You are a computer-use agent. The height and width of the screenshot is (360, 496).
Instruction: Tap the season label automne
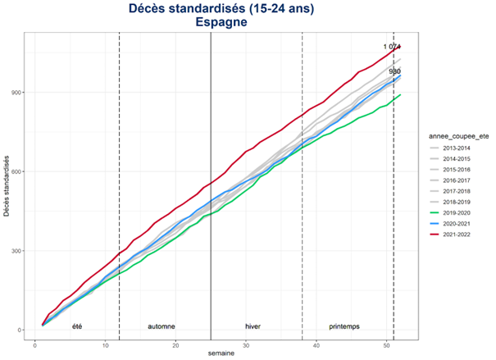pos(161,326)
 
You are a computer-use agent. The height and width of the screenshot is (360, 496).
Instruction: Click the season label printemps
pos(344,326)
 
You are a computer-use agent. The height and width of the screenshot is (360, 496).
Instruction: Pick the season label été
pos(77,326)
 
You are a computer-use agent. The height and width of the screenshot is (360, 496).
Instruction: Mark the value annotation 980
pos(394,71)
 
